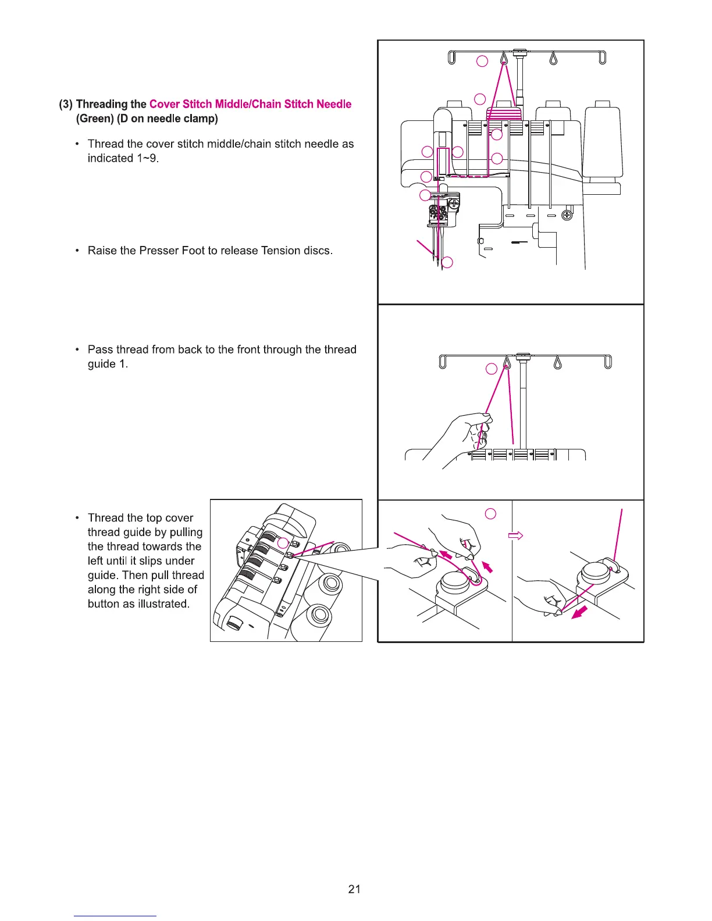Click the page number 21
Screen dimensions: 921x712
(x=354, y=888)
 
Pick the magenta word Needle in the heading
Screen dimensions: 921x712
(x=334, y=104)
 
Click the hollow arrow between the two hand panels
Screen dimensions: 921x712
(x=516, y=536)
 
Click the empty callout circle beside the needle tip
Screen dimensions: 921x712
(x=447, y=263)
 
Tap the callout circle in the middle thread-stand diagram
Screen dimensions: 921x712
(x=492, y=369)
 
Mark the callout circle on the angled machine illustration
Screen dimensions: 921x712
(x=283, y=543)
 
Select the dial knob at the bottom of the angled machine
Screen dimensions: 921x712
(x=235, y=624)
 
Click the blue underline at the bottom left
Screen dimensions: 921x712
(x=115, y=916)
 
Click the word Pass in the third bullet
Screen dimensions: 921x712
(x=100, y=349)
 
